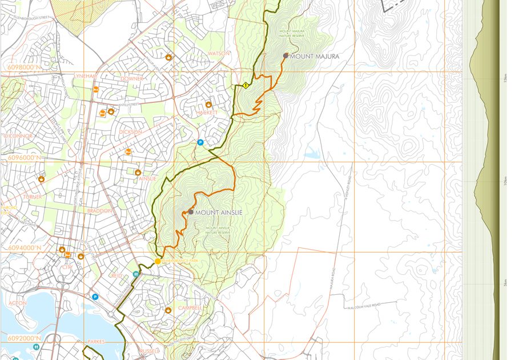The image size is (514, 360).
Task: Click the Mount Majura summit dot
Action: tap(286, 56)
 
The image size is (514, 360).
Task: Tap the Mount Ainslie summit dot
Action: tap(190, 212)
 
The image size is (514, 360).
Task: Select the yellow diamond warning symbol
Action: tap(246, 85)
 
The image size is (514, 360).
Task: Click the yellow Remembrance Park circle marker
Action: tap(158, 262)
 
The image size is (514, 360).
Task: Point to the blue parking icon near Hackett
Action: tap(200, 142)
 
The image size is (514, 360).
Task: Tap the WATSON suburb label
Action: tap(219, 53)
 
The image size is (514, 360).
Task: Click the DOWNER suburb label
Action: tap(132, 78)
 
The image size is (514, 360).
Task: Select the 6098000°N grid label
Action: tap(24, 67)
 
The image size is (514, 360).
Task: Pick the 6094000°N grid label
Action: tap(24, 247)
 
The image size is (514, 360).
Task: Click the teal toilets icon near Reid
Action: tap(136, 274)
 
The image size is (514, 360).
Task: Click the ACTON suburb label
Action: tap(17, 303)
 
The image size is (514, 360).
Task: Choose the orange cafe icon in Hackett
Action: tap(208, 105)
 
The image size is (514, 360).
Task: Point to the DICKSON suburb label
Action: tap(130, 131)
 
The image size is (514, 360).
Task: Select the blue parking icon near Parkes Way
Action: tap(95, 297)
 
